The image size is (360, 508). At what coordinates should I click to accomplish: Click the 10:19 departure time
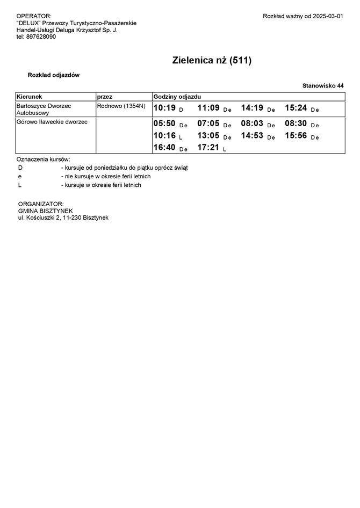click(x=164, y=108)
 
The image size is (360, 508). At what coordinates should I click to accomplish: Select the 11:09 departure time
click(x=208, y=108)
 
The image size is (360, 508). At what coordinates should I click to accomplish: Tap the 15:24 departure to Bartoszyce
click(x=296, y=108)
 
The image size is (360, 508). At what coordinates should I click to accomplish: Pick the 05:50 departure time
click(x=164, y=124)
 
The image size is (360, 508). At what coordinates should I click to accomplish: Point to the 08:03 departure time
click(x=252, y=124)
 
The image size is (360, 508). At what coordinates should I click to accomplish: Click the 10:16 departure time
click(x=164, y=136)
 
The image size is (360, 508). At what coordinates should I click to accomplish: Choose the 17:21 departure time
click(x=208, y=147)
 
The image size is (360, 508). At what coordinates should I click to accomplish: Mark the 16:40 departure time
click(x=164, y=147)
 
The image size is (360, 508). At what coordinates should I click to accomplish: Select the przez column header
click(x=104, y=96)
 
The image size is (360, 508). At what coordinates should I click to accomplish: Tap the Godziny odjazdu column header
click(x=177, y=96)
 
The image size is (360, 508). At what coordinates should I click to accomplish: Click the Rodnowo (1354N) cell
click(x=121, y=106)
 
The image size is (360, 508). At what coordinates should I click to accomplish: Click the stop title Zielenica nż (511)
click(x=212, y=61)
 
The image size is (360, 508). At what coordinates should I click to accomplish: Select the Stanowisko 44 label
click(x=323, y=86)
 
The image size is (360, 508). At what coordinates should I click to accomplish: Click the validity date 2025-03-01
click(x=327, y=17)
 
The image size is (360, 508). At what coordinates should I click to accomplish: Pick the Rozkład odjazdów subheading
click(x=54, y=75)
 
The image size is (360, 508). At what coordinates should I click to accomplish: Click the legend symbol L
click(x=20, y=185)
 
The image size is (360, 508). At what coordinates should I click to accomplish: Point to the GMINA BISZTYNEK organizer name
click(x=45, y=211)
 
